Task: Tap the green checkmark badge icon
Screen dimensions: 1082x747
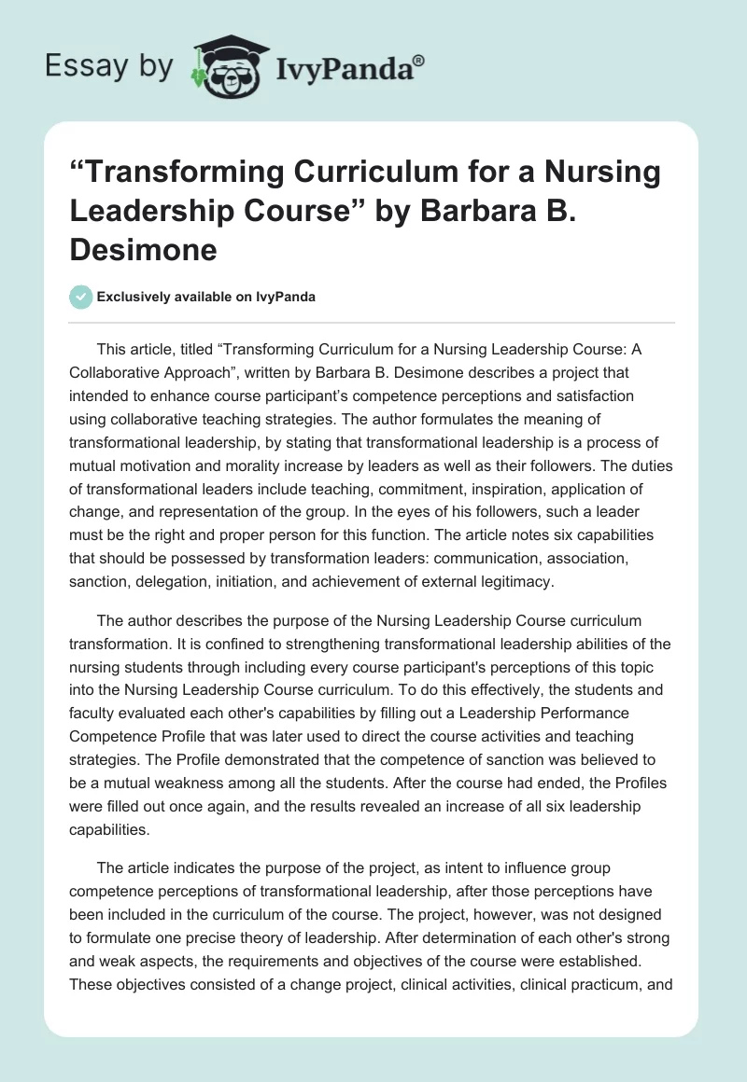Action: click(x=81, y=297)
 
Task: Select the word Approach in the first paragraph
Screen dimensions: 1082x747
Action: click(x=221, y=372)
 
